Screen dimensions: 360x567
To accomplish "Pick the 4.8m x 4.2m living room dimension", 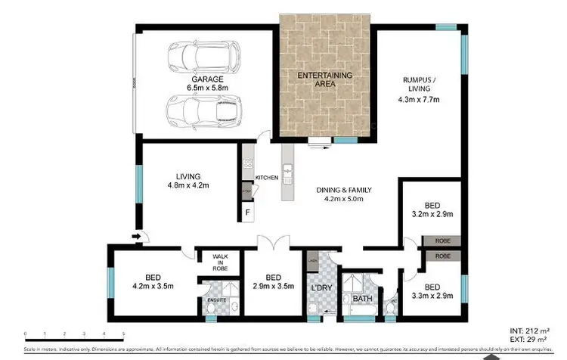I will [x=188, y=185].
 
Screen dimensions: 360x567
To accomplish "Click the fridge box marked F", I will [x=247, y=213].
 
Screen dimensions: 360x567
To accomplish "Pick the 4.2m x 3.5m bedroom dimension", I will [x=153, y=287].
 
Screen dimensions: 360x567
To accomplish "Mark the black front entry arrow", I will [x=135, y=237].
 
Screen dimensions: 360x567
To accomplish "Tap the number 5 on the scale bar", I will [x=123, y=334].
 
